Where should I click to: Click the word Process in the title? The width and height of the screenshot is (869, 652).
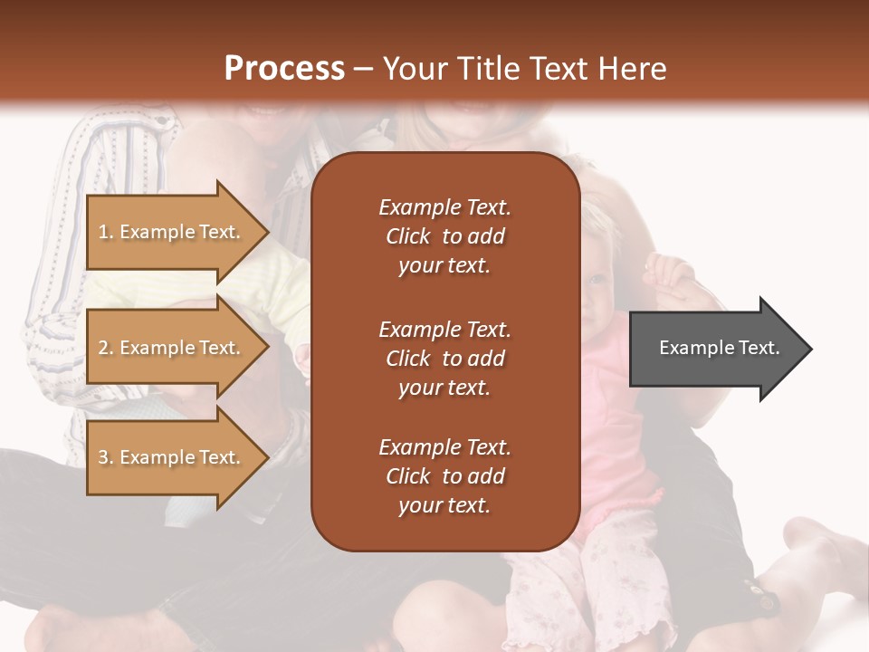coord(284,69)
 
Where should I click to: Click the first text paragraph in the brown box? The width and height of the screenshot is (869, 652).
coord(444,236)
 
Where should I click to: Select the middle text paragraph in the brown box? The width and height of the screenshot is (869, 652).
coord(444,359)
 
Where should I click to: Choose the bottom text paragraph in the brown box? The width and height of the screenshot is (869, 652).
coord(444,476)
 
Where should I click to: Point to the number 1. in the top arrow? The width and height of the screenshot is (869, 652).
coord(106,232)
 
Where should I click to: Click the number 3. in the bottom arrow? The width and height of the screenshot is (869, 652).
coord(106,457)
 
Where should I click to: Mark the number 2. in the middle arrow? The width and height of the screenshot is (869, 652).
coord(106,348)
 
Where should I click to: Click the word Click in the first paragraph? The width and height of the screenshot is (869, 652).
coord(408,236)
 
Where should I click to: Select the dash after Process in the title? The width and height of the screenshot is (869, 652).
coord(363,69)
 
